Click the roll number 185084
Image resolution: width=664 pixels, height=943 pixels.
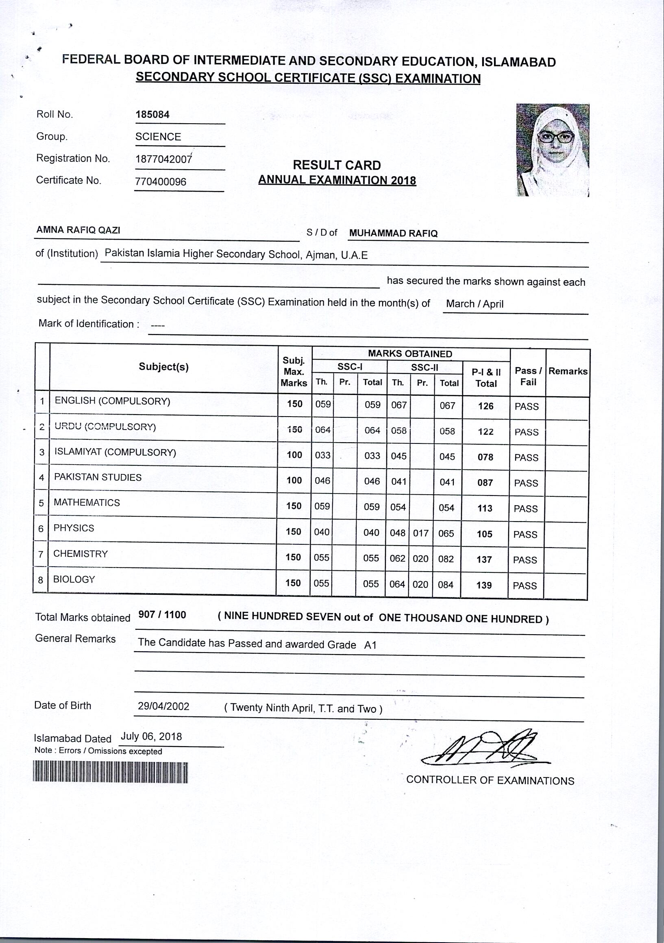tap(152, 115)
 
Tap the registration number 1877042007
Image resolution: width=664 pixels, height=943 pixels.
tap(163, 159)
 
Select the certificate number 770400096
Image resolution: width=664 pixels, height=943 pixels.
tap(161, 181)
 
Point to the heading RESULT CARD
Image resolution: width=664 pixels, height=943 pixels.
tap(337, 165)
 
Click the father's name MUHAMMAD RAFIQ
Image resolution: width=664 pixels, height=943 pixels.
tap(393, 234)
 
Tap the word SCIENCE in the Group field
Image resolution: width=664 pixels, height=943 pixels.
tap(158, 137)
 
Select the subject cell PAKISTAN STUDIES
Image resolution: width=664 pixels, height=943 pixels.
tap(98, 477)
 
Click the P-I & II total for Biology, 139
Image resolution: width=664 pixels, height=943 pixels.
tap(484, 585)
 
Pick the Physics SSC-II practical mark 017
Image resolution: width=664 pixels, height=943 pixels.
tap(421, 533)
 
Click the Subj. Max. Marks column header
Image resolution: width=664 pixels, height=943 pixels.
tap(294, 372)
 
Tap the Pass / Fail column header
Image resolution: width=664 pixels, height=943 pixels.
tap(528, 376)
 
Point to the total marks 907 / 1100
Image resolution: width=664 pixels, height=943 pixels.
tap(162, 615)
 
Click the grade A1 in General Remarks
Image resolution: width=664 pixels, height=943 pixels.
tap(370, 645)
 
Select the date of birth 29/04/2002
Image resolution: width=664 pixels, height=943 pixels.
tap(163, 706)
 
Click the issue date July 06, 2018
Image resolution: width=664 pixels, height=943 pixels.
tap(151, 736)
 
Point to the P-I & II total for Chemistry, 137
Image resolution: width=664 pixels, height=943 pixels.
tap(484, 559)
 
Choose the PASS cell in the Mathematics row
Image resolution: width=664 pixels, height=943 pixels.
tap(526, 509)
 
